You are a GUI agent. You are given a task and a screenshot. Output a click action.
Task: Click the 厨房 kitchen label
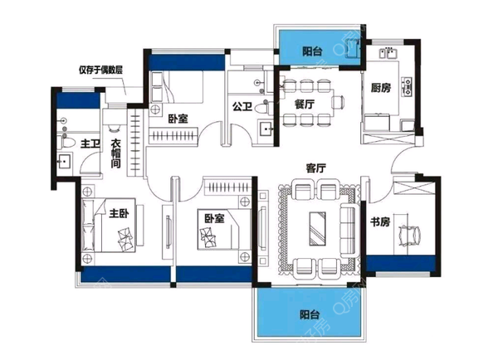coord(381,88)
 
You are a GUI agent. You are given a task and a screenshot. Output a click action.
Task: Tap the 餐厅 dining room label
coord(305,104)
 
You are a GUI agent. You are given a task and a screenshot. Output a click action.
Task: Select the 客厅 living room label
coord(315,168)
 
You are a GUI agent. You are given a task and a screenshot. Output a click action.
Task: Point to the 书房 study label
coord(380,221)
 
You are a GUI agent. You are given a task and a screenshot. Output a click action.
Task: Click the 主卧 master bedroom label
coord(119,213)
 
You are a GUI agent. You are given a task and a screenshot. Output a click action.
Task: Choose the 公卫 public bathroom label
coord(242,106)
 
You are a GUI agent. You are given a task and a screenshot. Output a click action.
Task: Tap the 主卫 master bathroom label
coord(90,144)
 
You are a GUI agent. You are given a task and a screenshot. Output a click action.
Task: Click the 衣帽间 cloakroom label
coord(116,153)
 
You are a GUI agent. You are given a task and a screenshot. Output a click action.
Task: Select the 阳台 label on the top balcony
coord(312,51)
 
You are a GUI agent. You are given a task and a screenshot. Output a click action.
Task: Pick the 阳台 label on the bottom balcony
coord(310,314)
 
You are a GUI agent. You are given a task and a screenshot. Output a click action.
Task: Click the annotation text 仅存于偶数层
coord(101,70)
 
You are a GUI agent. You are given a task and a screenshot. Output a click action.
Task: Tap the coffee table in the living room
coord(317,229)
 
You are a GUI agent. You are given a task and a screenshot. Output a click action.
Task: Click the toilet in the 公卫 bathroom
coord(262,107)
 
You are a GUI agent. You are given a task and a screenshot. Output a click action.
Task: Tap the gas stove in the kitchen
coord(407,86)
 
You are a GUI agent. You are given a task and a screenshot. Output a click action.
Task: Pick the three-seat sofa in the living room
coord(348,231)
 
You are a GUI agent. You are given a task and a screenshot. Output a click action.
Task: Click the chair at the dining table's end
coord(338,102)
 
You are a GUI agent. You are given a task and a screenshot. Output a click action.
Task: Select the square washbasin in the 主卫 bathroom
coord(65,161)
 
